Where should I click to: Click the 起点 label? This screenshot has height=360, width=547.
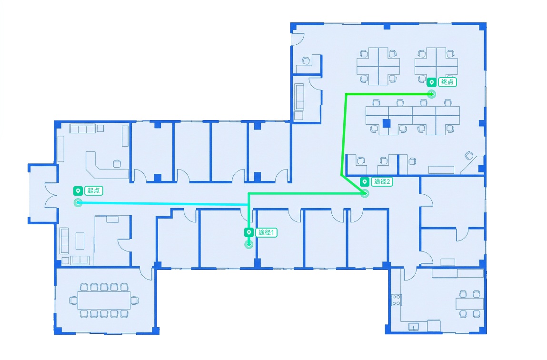click(x=93, y=190)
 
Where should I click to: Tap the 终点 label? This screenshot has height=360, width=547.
click(x=447, y=82)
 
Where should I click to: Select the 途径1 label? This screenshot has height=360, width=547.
click(x=266, y=232)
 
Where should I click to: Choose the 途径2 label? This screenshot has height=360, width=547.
click(x=382, y=181)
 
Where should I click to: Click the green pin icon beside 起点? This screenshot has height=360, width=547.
click(x=78, y=191)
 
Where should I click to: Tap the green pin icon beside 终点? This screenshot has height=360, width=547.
click(x=431, y=82)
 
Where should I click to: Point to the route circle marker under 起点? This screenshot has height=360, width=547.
click(x=78, y=203)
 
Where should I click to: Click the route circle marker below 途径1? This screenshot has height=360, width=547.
click(x=249, y=244)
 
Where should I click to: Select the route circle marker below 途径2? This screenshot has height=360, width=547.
click(x=365, y=193)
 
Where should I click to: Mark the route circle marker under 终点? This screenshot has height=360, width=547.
click(x=431, y=94)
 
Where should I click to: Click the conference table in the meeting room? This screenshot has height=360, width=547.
click(x=104, y=300)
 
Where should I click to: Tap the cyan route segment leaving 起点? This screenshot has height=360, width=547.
click(x=163, y=203)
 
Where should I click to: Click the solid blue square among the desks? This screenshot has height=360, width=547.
click(x=386, y=123)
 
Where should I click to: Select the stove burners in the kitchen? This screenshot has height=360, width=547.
click(x=396, y=300)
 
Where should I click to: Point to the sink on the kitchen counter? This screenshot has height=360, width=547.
click(x=413, y=327)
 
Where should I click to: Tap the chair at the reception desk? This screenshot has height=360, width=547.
click(x=117, y=164)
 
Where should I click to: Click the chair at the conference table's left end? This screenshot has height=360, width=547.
click(x=73, y=300)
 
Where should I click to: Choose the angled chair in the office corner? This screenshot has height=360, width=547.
click(x=469, y=155)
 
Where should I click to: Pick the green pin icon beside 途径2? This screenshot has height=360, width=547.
click(x=365, y=182)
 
